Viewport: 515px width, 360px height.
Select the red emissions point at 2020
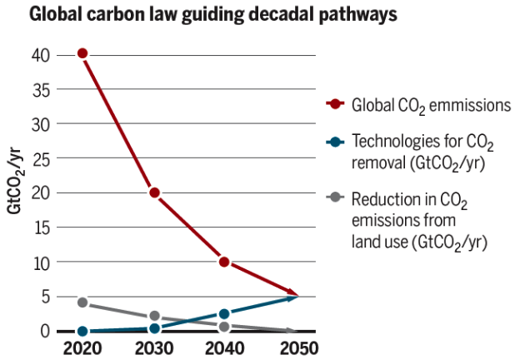[x=82, y=53]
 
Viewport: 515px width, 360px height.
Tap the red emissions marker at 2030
[x=154, y=192]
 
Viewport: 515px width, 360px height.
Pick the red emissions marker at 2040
[x=224, y=262]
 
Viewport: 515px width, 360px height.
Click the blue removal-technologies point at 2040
[x=224, y=314]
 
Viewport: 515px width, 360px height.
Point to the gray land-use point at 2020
[x=82, y=302]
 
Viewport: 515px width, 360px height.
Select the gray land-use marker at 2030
[x=154, y=317]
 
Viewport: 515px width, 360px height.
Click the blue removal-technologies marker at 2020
[x=82, y=332]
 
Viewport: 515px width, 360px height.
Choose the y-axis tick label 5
[x=46, y=297]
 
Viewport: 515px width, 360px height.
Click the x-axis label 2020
[x=82, y=347]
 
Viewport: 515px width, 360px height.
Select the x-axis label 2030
[x=154, y=347]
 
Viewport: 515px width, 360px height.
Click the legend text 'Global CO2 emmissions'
[x=431, y=106]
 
